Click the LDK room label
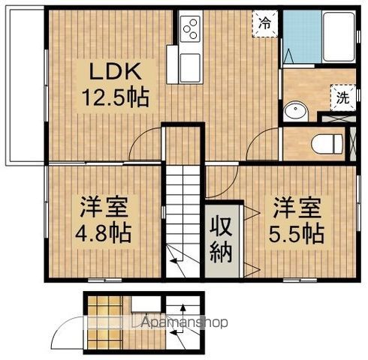pos(116,72)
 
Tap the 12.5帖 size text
pos(116,97)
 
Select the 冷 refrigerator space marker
pos(265,24)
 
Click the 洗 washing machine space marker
pos(343,97)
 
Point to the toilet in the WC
pos(327,144)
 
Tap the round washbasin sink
pos(296,111)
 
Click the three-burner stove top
pos(190,28)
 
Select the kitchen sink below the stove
pos(190,67)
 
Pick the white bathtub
pos(339,37)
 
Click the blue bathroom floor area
pos(303,37)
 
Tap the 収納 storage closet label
pos(221,240)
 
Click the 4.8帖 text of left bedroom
pos(104,234)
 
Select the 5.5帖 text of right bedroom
pos(297,234)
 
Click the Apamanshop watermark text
pos(185,322)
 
